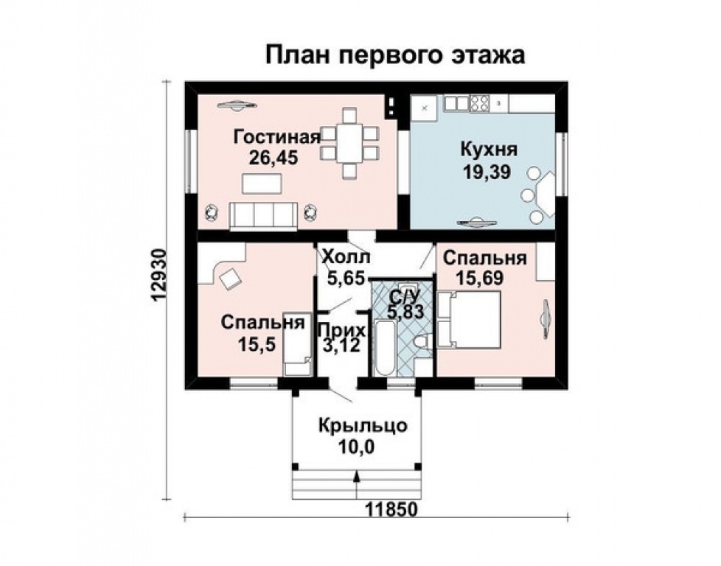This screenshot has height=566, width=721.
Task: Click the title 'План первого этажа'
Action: click(x=394, y=55)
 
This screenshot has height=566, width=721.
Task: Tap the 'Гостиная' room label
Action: click(x=276, y=137)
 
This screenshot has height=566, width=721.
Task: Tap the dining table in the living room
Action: click(x=349, y=144)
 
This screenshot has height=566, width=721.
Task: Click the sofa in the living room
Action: click(x=263, y=215)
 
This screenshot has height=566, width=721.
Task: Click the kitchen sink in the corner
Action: click(x=425, y=108)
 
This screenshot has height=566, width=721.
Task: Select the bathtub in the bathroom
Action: click(x=385, y=349)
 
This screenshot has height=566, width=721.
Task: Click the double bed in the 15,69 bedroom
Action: click(x=469, y=318)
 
